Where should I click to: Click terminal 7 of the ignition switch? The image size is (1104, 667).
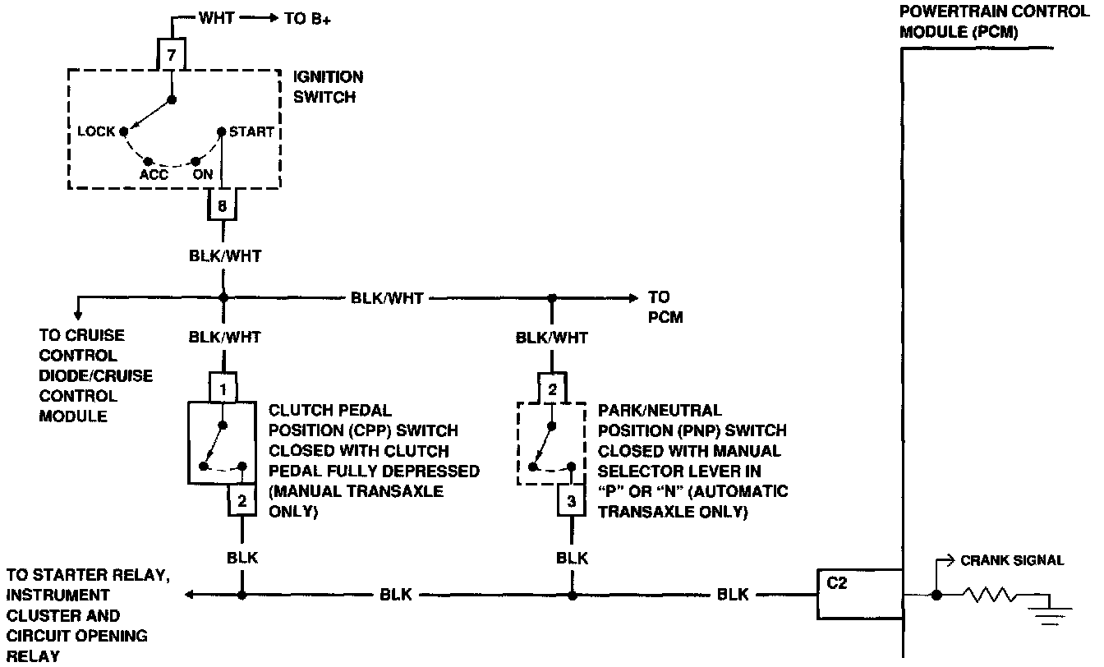point(172,57)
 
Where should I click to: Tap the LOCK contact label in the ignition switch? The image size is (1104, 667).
point(96,131)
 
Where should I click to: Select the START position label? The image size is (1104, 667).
point(251,131)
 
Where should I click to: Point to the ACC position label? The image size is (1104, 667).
point(154,175)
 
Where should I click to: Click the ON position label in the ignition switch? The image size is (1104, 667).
point(202,175)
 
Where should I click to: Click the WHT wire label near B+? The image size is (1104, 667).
point(217,18)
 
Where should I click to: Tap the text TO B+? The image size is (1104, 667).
point(308,19)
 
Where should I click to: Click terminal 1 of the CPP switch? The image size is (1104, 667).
point(223,386)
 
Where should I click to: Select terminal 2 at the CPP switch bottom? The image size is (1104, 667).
point(241,500)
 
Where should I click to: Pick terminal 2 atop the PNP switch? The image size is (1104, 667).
point(552,389)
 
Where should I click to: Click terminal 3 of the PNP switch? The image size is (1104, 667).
point(572,499)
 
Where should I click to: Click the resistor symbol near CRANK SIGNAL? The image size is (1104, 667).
point(991,595)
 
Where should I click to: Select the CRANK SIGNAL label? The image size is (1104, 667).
point(1012,560)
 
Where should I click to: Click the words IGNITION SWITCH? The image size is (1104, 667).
point(329,87)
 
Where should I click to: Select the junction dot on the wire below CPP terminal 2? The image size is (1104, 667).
point(241,595)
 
